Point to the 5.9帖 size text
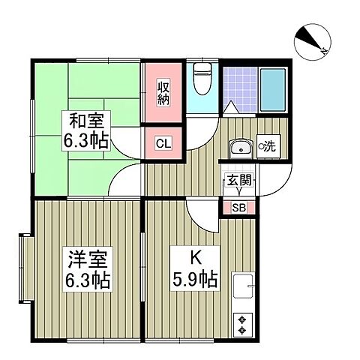pyautogui.click(x=193, y=280)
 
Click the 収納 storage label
pyautogui.click(x=163, y=94)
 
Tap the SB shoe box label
pyautogui.click(x=238, y=207)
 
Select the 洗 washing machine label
pyautogui.click(x=268, y=147)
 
